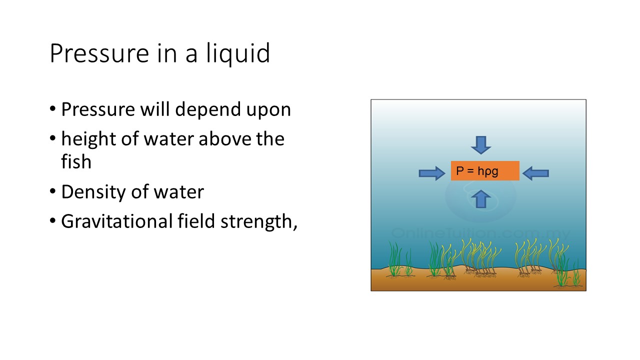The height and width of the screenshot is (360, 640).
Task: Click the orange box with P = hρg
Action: coord(485,171)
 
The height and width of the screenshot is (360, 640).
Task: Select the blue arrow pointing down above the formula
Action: coord(481,144)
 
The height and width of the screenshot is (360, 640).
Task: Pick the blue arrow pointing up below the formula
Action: coord(481,198)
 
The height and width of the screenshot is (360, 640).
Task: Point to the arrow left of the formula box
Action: coord(431,173)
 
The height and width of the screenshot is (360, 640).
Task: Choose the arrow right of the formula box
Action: coord(535,173)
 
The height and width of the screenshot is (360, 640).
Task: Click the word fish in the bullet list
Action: coord(76,161)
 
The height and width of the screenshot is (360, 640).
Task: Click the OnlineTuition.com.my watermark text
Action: coord(480,233)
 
